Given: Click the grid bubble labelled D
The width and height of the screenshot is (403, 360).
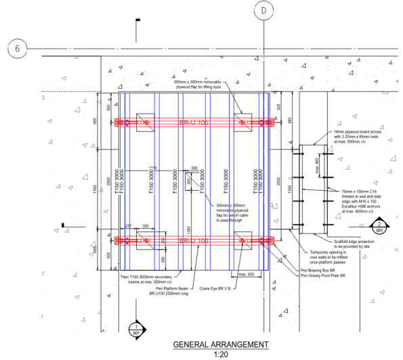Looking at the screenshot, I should (x=265, y=10).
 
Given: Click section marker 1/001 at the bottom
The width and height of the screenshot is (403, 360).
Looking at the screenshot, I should (x=138, y=328).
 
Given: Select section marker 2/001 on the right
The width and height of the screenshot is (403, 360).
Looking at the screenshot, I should (x=380, y=226).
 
